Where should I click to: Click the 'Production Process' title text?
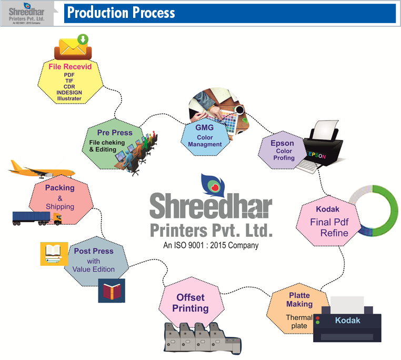121,13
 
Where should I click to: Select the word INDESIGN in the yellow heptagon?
69,92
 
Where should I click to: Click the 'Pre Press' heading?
115,133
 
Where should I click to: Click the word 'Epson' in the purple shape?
282,143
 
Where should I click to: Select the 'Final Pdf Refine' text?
329,227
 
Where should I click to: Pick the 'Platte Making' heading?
299,299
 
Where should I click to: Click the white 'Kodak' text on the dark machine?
348,320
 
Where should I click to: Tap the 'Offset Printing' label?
191,303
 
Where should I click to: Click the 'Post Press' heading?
93,251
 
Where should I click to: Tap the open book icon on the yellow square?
54,253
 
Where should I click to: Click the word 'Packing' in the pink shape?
59,188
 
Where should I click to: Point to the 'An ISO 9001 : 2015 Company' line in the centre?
210,245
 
